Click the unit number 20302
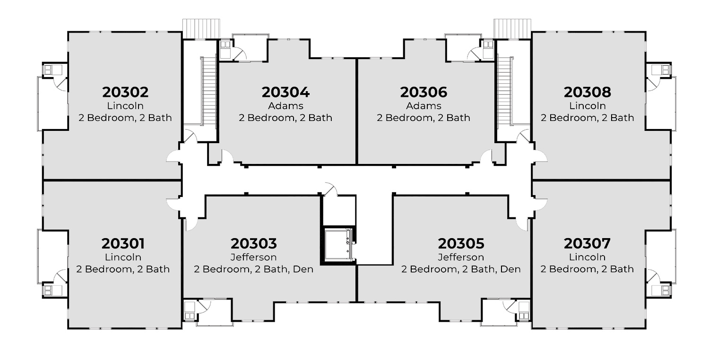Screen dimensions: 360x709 click(125, 92)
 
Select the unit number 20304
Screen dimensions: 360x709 click(285, 92)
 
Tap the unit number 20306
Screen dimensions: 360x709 click(424, 92)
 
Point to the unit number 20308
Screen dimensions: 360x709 click(587, 92)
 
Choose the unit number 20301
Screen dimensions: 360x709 click(123, 244)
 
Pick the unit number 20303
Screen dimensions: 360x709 click(253, 244)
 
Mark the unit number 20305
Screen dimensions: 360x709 click(461, 244)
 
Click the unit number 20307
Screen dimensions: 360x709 click(587, 244)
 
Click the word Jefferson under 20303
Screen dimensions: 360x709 click(253, 257)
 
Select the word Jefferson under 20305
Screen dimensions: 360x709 click(461, 257)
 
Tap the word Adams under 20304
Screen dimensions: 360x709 click(285, 105)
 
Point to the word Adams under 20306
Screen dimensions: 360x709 click(424, 105)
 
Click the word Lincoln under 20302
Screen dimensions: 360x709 click(125, 105)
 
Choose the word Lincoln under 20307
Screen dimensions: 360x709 click(587, 257)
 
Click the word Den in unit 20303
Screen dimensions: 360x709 click(303, 269)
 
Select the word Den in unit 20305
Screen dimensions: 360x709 click(510, 269)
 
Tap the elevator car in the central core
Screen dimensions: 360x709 click(338, 244)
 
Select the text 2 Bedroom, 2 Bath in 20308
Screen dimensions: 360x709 click(587, 118)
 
